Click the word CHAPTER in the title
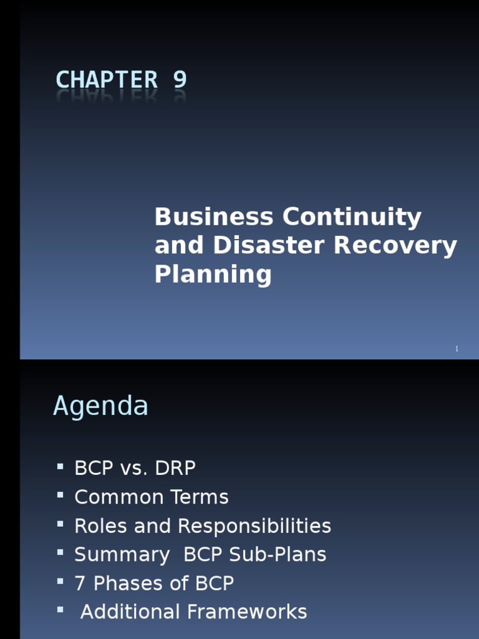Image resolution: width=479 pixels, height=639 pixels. (x=107, y=80)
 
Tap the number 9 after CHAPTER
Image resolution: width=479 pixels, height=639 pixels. (x=180, y=80)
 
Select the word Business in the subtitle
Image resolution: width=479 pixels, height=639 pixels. (x=214, y=217)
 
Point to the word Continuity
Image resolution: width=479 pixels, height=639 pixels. (x=352, y=217)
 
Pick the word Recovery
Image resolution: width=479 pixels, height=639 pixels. (x=395, y=246)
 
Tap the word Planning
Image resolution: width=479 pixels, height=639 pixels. (x=213, y=275)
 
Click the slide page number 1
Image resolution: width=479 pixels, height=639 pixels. (x=457, y=349)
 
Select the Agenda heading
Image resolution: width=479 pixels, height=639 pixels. (x=100, y=406)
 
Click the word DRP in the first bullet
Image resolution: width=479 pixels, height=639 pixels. (x=174, y=468)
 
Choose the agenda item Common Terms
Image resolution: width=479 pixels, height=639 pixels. (x=151, y=497)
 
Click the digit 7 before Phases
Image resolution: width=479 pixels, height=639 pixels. (x=80, y=583)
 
